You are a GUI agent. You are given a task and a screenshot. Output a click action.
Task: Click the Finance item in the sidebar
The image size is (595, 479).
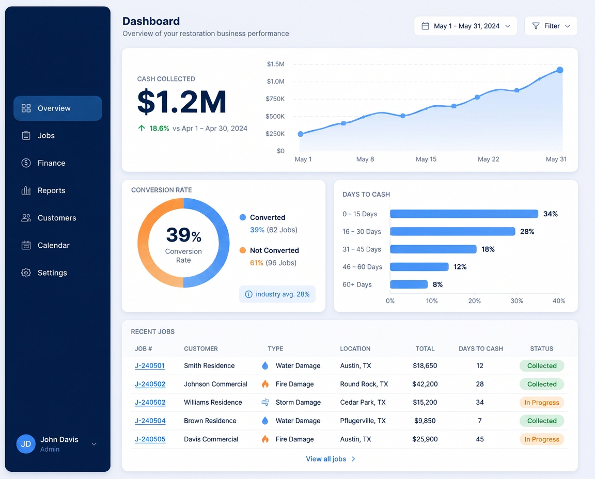[51, 163]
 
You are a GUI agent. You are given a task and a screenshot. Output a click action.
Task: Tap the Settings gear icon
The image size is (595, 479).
[26, 273]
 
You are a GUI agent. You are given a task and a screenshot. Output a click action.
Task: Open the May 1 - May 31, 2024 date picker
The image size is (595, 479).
[465, 26]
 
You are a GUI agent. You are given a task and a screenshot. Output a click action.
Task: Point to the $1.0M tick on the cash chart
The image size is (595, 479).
[275, 82]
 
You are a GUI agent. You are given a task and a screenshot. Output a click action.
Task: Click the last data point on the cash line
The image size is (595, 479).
[560, 70]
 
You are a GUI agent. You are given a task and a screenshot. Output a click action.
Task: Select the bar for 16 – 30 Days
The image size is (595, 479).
[452, 231]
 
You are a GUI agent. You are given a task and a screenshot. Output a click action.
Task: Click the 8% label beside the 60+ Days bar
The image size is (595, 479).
[437, 284]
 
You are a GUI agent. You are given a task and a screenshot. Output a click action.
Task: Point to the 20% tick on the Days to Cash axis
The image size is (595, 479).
[474, 301]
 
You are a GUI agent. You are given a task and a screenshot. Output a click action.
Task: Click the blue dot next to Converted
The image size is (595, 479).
[243, 217]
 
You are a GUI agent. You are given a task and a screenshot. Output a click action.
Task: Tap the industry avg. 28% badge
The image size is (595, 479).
[277, 294]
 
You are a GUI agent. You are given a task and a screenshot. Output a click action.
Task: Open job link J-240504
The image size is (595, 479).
[150, 421]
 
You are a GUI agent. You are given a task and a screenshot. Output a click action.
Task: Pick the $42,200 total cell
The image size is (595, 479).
[425, 384]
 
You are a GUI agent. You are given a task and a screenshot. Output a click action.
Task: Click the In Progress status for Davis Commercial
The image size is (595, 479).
[541, 439]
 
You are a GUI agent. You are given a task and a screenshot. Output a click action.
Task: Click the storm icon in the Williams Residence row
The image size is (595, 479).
[265, 403]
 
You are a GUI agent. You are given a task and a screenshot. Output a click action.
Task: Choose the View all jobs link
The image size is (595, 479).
[331, 459]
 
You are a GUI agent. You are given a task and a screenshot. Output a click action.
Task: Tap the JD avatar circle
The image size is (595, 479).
[26, 444]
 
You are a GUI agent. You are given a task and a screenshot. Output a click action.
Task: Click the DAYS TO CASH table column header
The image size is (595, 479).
[481, 348]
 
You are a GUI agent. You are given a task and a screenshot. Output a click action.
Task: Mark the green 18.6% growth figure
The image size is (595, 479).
[159, 128]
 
